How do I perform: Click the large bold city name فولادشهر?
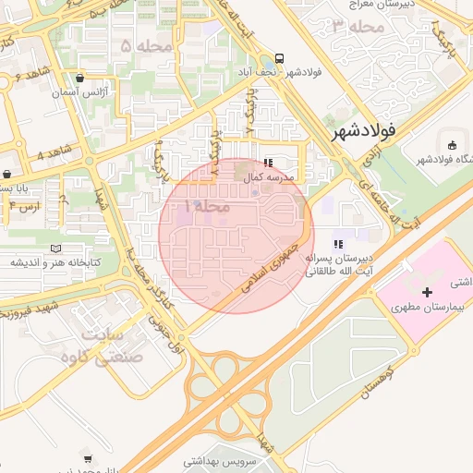365,131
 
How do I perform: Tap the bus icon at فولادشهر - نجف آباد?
279,55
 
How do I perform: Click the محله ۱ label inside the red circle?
206,205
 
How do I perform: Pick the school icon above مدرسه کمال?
268,163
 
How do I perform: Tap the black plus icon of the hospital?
426,292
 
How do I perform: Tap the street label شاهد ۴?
54,151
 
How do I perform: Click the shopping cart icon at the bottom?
87,457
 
